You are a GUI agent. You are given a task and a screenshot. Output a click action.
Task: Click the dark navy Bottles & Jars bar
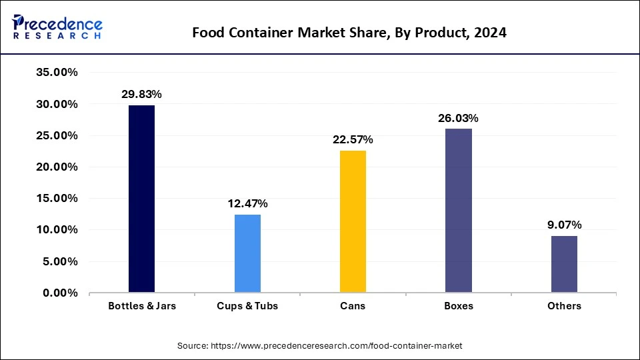[141, 199]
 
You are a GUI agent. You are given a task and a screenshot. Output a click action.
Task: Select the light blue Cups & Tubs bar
[247, 253]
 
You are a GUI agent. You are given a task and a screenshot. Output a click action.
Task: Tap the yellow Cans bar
[353, 221]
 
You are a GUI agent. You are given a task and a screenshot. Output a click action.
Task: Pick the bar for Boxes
[459, 211]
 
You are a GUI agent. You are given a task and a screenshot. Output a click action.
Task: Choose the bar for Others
[564, 264]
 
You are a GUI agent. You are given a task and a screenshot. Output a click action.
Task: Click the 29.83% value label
[141, 95]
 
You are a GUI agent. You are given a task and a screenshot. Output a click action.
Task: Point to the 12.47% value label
[247, 203]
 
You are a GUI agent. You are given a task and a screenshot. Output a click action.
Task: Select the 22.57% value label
[353, 140]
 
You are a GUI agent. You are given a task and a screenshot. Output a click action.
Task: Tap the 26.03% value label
[459, 118]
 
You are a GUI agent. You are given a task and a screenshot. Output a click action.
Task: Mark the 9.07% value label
[564, 225]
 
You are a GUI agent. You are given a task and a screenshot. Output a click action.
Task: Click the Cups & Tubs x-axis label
[247, 306]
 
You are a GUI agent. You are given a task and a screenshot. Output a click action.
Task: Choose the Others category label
[564, 306]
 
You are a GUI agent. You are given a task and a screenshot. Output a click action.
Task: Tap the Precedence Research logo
[57, 27]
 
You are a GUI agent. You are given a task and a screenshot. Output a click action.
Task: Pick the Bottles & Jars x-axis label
[141, 306]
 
